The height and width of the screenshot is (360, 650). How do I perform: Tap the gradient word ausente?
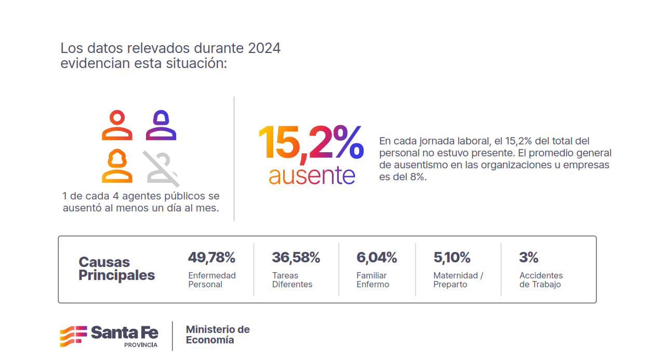click(312, 175)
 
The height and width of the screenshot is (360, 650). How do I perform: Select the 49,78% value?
click(211, 257)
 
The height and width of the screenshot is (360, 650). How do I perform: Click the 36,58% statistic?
click(296, 257)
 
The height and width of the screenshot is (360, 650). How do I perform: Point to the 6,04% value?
click(377, 257)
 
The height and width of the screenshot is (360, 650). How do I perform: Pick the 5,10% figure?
click(452, 257)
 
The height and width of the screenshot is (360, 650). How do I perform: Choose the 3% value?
click(528, 257)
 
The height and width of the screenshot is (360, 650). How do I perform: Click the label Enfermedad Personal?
click(212, 280)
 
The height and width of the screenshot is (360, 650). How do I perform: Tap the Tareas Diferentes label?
click(292, 280)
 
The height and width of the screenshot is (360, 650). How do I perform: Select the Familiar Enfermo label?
click(373, 280)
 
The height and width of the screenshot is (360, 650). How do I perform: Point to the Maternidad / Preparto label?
click(458, 280)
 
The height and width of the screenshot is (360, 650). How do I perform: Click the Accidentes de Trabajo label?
click(541, 280)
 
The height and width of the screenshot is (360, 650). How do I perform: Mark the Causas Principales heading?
click(116, 269)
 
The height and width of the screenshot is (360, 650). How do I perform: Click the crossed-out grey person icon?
click(161, 168)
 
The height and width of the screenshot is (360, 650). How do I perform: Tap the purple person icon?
click(161, 125)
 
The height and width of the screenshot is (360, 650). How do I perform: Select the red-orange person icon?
click(117, 125)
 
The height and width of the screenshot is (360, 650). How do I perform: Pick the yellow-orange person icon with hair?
click(117, 166)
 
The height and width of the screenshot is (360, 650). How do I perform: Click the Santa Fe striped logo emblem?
click(73, 336)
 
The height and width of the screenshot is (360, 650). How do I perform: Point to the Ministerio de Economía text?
click(218, 335)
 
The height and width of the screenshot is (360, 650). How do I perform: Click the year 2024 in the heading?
click(264, 48)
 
